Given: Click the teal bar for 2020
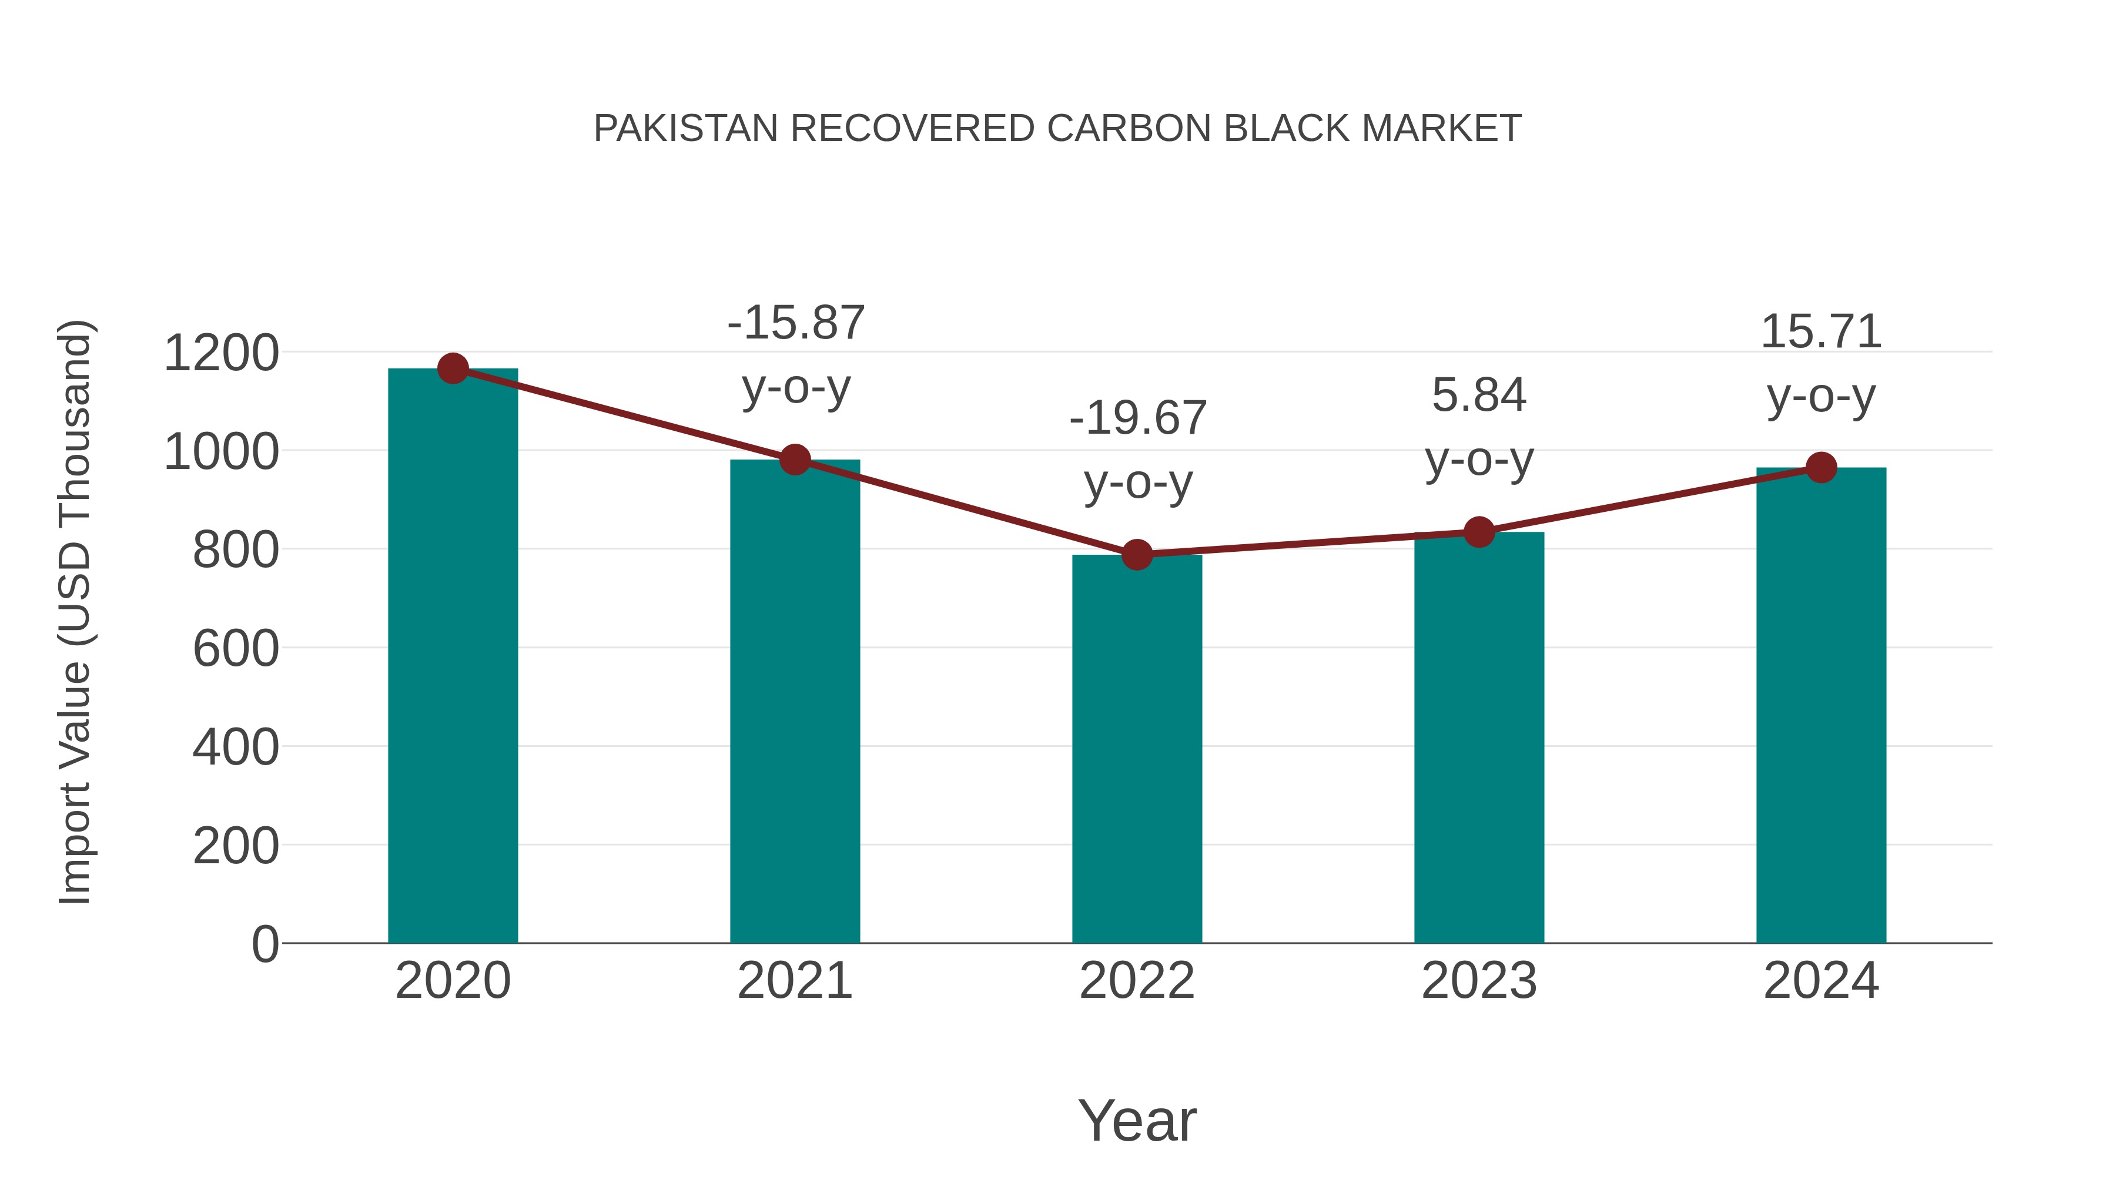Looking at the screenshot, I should tap(453, 657).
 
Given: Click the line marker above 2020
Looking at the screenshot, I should tap(453, 368).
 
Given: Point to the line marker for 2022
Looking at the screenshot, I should tap(1137, 555).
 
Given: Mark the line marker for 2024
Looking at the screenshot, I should tap(1821, 467).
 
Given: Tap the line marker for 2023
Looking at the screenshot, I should tap(1479, 532).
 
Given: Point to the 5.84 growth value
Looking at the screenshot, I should tap(1479, 396).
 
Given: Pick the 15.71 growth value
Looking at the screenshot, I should tap(1821, 332).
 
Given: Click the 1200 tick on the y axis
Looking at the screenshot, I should tap(221, 354).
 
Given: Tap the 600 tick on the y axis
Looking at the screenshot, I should tap(236, 649).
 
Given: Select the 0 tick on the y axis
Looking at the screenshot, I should tap(265, 944).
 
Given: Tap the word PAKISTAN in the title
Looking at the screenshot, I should tap(685, 129).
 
